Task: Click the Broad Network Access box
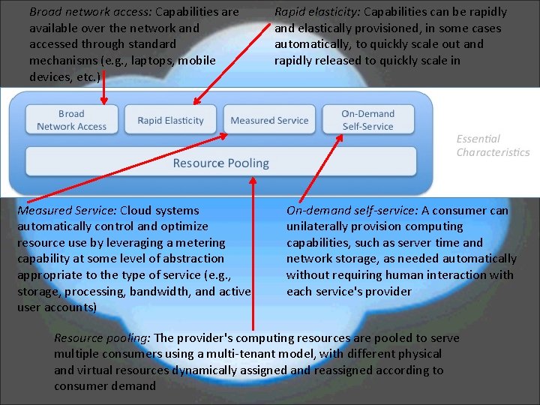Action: pos(72,120)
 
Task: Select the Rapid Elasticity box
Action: pos(170,120)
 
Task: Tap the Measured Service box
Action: pos(269,120)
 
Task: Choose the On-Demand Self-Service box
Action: pos(367,120)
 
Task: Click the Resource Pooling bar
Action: pos(220,163)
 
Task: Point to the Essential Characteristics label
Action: pos(493,145)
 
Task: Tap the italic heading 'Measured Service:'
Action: pos(67,210)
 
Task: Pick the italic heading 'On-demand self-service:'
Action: pos(352,210)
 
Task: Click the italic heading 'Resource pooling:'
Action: pos(102,337)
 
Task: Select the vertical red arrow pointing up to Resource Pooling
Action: pos(253,255)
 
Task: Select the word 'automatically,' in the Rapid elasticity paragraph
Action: pos(310,44)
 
